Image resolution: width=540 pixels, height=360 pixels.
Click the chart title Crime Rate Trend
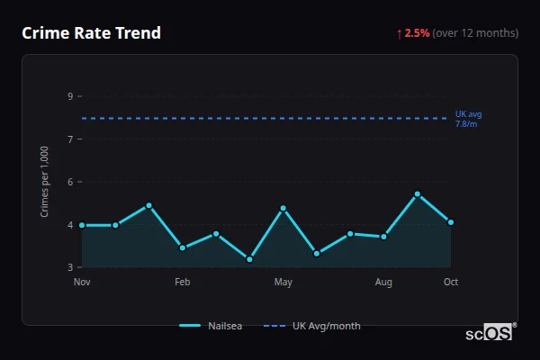point(91,33)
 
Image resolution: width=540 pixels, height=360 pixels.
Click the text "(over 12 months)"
point(475,33)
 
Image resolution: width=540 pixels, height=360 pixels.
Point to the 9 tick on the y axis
point(69,96)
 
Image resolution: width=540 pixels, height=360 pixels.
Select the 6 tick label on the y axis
point(69,182)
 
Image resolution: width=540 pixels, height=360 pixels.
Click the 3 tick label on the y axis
point(69,267)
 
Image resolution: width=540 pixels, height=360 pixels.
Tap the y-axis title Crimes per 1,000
point(45,182)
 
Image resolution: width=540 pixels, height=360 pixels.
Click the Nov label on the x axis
point(82,283)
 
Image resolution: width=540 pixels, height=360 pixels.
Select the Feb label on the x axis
point(183,283)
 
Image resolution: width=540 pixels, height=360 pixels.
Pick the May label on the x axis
point(283,283)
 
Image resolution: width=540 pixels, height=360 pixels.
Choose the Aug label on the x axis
point(383,283)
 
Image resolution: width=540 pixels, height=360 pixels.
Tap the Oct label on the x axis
point(451,283)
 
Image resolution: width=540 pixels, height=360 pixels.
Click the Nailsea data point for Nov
point(82,225)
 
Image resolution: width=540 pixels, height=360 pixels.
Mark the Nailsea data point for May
point(283,208)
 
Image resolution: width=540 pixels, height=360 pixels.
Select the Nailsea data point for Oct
point(451,222)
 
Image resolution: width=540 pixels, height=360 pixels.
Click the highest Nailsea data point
point(418,193)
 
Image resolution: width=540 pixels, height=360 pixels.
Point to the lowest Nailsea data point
point(249,259)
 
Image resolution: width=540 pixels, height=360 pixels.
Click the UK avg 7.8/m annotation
point(468,119)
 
